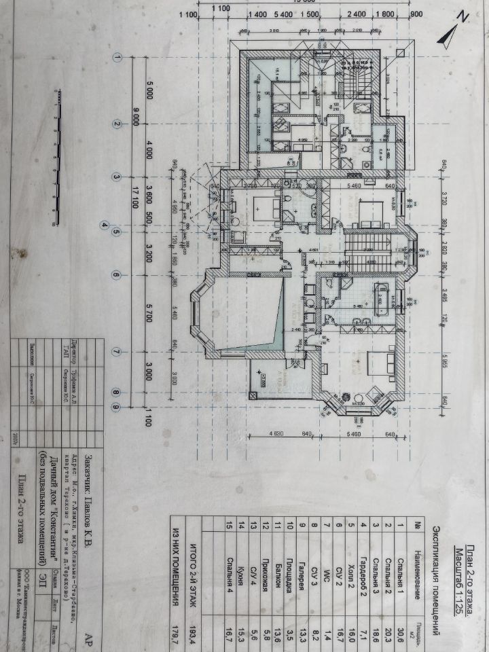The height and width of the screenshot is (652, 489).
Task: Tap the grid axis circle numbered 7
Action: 117,352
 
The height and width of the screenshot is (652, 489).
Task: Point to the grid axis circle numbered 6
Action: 117,276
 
